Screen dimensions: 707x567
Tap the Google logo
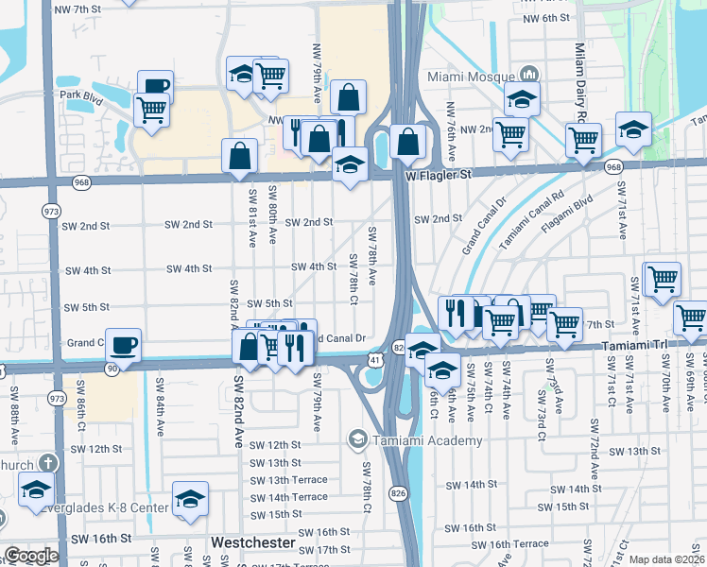(30, 556)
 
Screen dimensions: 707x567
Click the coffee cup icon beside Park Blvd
(156, 87)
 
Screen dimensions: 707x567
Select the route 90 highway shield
(112, 368)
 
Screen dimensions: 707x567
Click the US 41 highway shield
(375, 360)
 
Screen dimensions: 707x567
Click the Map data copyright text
(666, 559)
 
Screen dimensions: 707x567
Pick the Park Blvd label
(80, 94)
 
